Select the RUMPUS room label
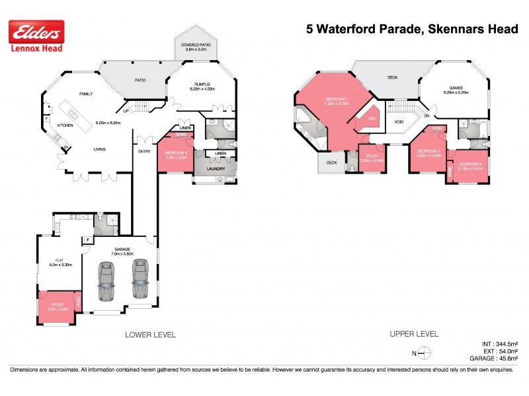point(202,84)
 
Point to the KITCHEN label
point(64,125)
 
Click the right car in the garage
point(140,279)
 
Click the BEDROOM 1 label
point(337,100)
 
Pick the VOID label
point(399,122)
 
